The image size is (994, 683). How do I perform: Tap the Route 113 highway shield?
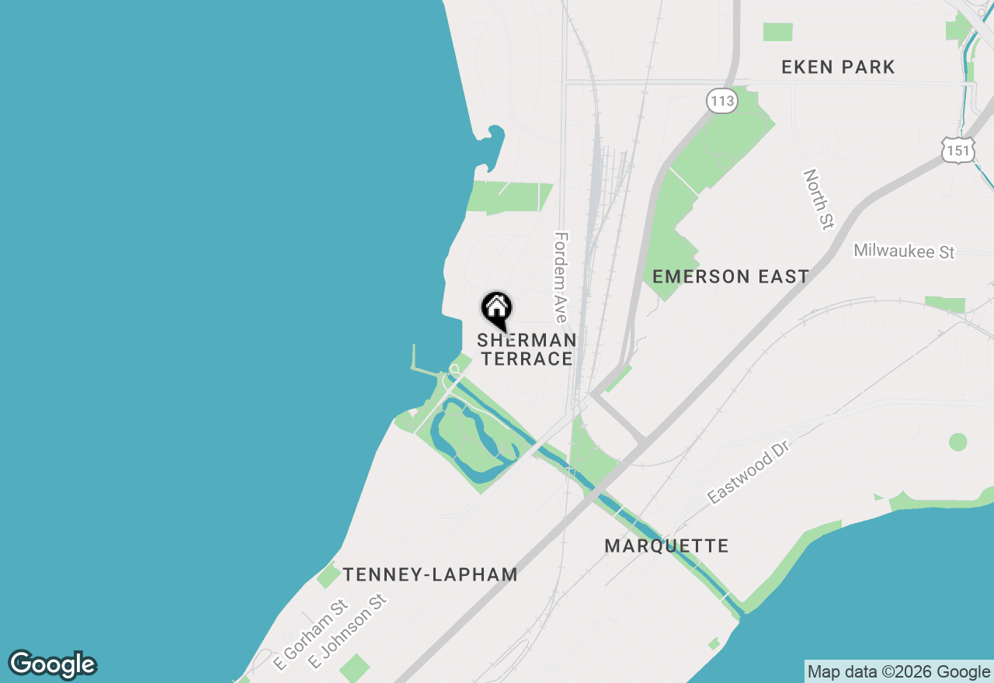(x=721, y=100)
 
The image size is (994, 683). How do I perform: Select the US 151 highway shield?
(x=958, y=150)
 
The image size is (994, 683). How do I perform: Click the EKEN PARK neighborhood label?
(x=838, y=68)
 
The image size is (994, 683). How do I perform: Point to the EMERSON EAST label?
(x=731, y=276)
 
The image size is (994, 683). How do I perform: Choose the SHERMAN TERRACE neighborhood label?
(x=526, y=349)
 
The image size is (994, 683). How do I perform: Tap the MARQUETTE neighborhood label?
(x=666, y=546)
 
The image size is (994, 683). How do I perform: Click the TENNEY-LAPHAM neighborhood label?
(x=430, y=574)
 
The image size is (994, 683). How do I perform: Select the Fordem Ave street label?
(x=561, y=276)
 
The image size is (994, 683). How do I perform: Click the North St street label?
(x=818, y=199)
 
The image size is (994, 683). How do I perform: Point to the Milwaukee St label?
(x=904, y=251)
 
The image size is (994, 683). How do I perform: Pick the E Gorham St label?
(x=310, y=634)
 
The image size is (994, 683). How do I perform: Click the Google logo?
(x=53, y=664)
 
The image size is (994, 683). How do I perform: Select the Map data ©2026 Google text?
(x=898, y=672)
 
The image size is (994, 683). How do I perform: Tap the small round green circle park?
(x=958, y=442)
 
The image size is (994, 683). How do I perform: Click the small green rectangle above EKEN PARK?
(x=777, y=32)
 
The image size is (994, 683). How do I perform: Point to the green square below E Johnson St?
(x=355, y=667)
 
